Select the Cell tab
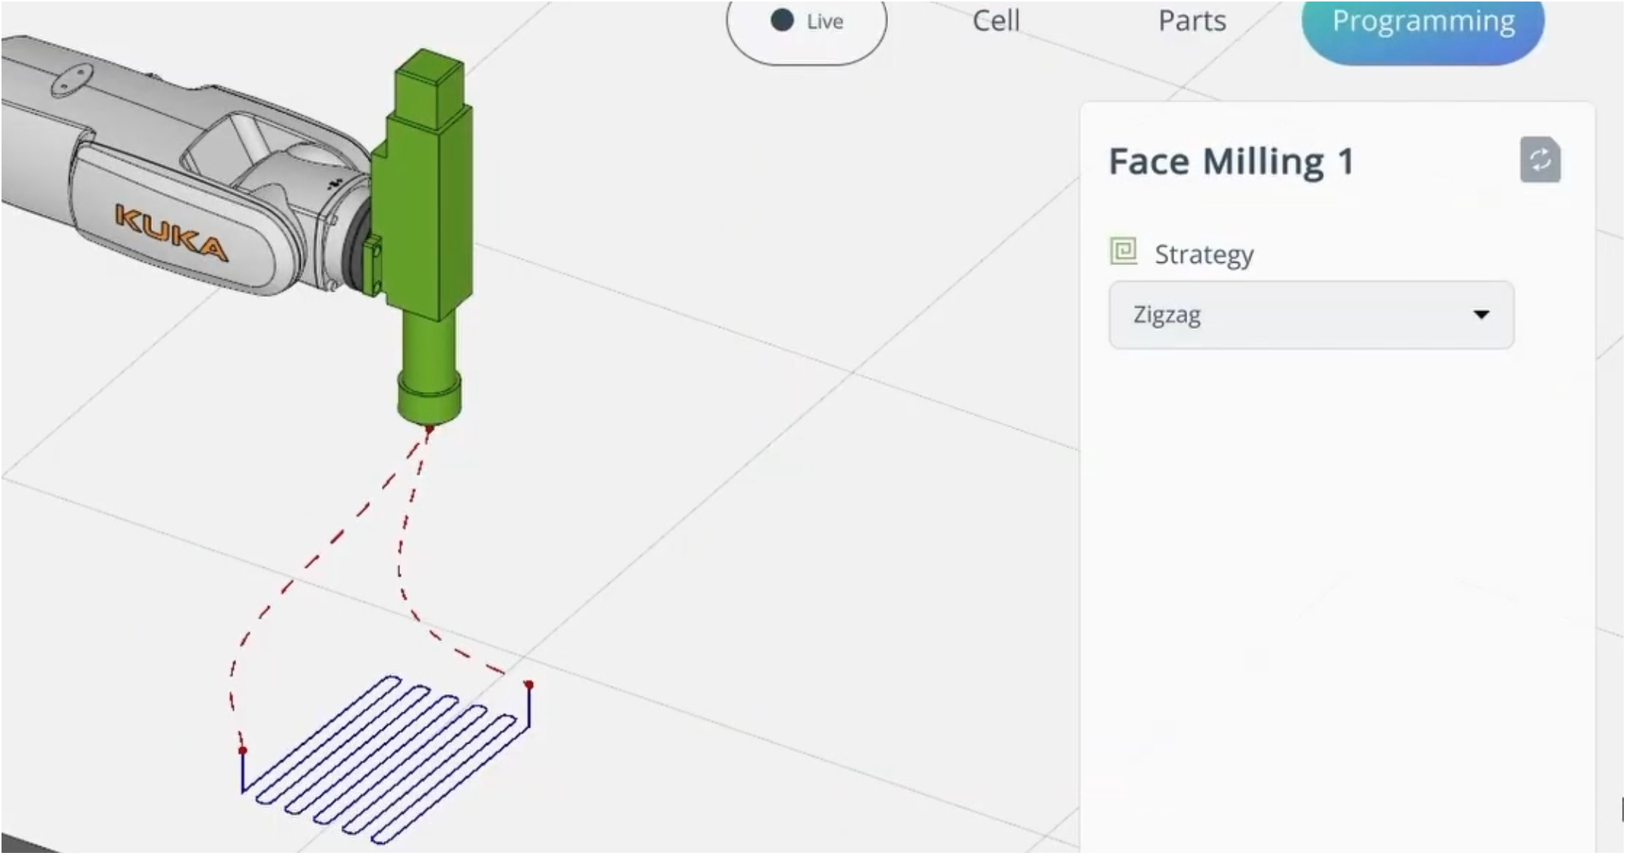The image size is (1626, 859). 996,21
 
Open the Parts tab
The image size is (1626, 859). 1192,21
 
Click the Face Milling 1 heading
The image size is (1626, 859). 1231,161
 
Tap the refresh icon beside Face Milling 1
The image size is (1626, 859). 1540,160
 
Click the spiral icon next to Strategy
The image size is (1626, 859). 1123,251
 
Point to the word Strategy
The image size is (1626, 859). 1204,254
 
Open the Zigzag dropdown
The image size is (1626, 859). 1311,314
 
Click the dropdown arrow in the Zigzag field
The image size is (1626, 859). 1481,314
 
